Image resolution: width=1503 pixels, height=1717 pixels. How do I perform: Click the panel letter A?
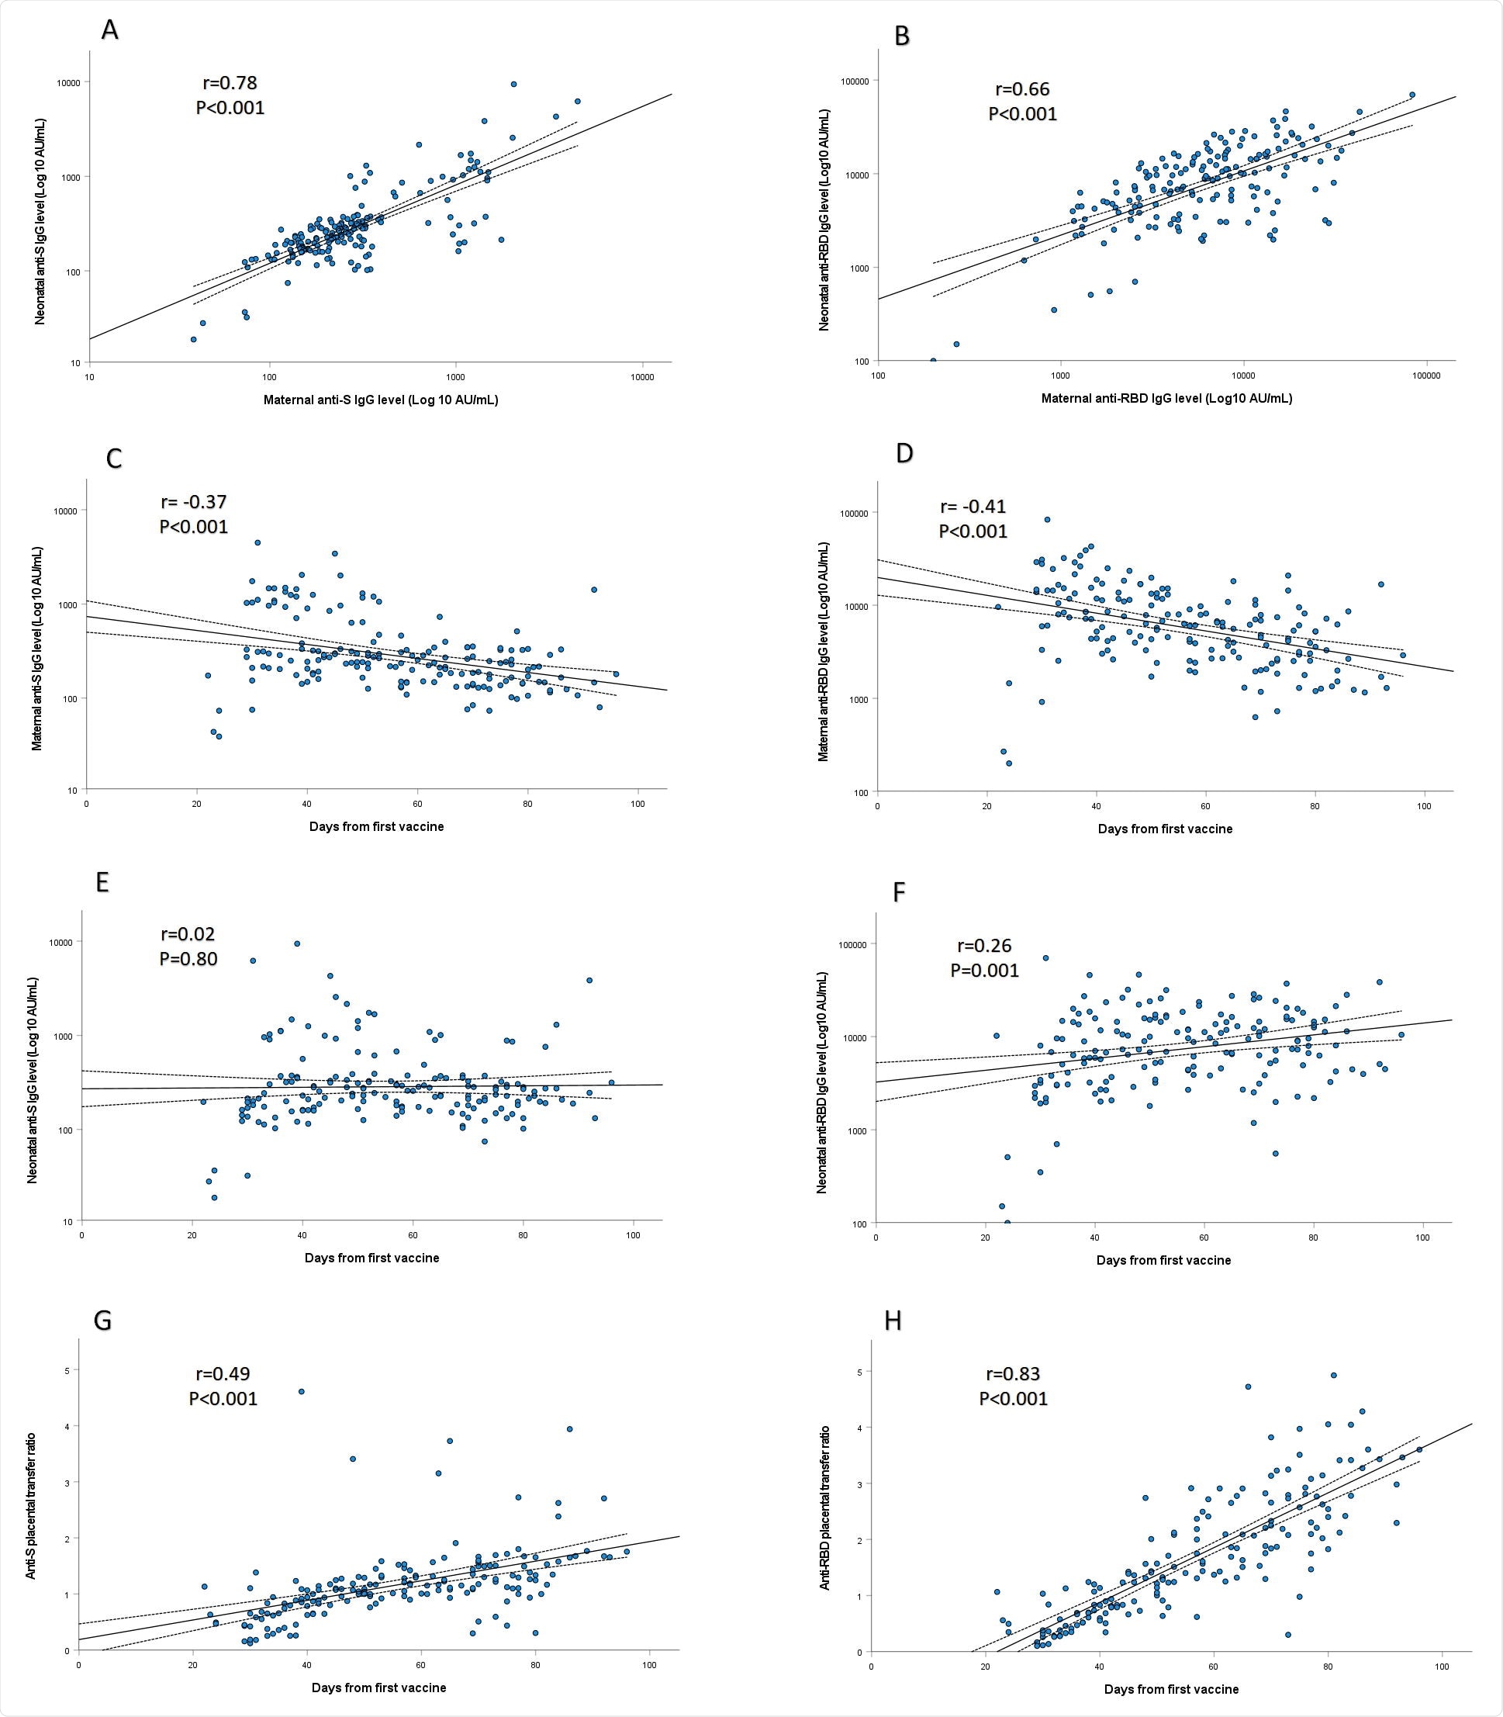[x=109, y=30]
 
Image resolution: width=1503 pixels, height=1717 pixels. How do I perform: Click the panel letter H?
[x=893, y=1320]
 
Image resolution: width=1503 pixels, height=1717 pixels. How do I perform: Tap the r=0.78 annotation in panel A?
[x=230, y=83]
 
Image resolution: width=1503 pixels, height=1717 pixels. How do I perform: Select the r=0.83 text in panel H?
[x=1012, y=1374]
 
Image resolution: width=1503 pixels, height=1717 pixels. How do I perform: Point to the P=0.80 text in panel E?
[x=188, y=958]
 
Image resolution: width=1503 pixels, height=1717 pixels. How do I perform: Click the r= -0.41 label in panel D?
[x=973, y=506]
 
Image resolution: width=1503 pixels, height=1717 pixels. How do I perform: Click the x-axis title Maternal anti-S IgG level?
[x=381, y=400]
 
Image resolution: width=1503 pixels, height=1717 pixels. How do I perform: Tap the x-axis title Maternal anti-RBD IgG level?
[x=1166, y=399]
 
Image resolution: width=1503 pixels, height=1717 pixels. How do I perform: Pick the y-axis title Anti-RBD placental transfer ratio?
[x=824, y=1508]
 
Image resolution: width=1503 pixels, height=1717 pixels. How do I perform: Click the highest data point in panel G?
[x=302, y=1390]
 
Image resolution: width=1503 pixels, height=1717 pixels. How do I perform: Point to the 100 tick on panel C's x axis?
[x=637, y=804]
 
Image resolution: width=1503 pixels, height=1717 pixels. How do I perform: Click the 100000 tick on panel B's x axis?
[x=1426, y=375]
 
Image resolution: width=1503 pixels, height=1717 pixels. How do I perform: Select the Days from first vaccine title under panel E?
[x=371, y=1258]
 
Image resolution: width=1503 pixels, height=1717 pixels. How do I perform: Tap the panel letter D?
[x=904, y=453]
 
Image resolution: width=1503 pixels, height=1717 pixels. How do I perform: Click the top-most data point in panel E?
[x=297, y=943]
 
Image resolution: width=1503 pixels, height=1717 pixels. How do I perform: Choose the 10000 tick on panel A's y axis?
[x=70, y=82]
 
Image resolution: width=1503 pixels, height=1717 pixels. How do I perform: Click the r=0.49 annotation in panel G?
[x=223, y=1374]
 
